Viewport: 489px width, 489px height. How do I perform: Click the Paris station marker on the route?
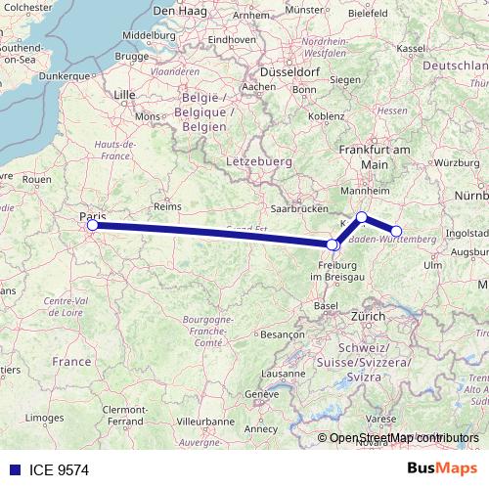93,225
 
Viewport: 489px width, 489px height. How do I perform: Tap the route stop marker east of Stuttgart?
396,232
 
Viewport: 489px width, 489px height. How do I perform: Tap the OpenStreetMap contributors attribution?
398,437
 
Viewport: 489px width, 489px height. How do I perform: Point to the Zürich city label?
369,318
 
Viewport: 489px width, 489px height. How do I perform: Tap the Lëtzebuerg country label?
251,159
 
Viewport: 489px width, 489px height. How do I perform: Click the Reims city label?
169,206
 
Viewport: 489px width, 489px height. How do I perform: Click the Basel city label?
326,306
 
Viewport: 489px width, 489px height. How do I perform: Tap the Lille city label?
124,95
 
